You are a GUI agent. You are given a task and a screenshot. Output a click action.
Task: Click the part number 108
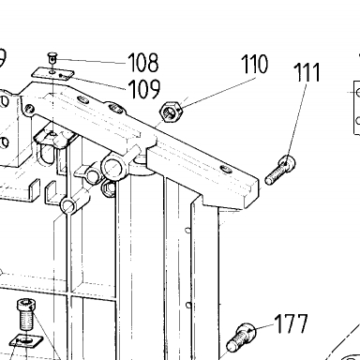143,62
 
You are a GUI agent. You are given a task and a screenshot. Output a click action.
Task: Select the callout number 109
144,89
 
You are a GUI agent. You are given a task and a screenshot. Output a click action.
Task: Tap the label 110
255,64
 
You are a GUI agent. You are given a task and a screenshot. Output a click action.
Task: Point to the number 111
307,72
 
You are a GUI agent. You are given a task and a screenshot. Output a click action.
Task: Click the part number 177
292,323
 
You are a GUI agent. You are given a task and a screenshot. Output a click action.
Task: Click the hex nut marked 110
171,112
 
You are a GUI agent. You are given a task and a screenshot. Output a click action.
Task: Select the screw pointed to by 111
279,171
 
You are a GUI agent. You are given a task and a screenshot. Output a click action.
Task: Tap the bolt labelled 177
241,337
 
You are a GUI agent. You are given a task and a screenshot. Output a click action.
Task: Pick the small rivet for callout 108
52,58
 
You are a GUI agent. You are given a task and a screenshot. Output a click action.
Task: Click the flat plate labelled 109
52,74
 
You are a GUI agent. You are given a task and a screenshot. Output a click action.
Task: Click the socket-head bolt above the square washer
26,314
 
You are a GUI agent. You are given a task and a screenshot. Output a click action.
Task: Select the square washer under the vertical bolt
26,340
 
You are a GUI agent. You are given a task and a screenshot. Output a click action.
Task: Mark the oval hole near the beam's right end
226,170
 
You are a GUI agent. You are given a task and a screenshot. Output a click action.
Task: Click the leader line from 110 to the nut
217,94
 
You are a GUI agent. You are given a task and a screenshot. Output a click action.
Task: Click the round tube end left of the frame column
67,206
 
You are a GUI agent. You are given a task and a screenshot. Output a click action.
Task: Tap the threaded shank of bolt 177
236,342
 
